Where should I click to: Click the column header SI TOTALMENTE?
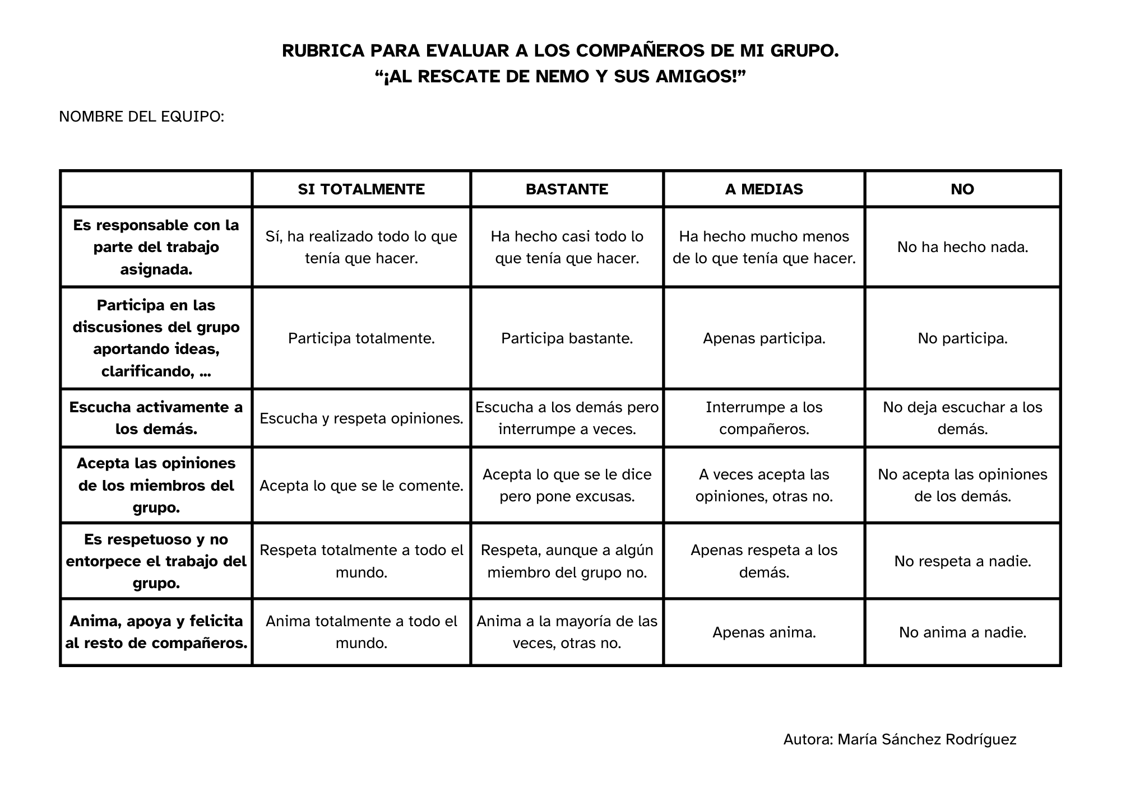[361, 189]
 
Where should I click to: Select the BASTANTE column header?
[567, 189]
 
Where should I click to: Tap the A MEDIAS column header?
[764, 189]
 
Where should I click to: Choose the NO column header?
[962, 189]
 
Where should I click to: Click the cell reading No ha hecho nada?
[962, 247]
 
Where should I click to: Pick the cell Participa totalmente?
[361, 338]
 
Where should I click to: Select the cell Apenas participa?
[764, 338]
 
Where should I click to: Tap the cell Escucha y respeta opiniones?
[361, 418]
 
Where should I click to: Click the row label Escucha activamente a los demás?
[156, 418]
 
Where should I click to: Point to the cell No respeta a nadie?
[962, 561]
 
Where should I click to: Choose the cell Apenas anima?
[764, 632]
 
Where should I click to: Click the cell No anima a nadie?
[962, 632]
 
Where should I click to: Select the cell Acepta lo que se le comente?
[361, 486]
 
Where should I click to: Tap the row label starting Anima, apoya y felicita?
[156, 632]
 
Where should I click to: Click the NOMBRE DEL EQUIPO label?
[141, 117]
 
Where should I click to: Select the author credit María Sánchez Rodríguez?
[927, 740]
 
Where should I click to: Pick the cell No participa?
[962, 338]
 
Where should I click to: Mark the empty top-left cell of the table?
[156, 189]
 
